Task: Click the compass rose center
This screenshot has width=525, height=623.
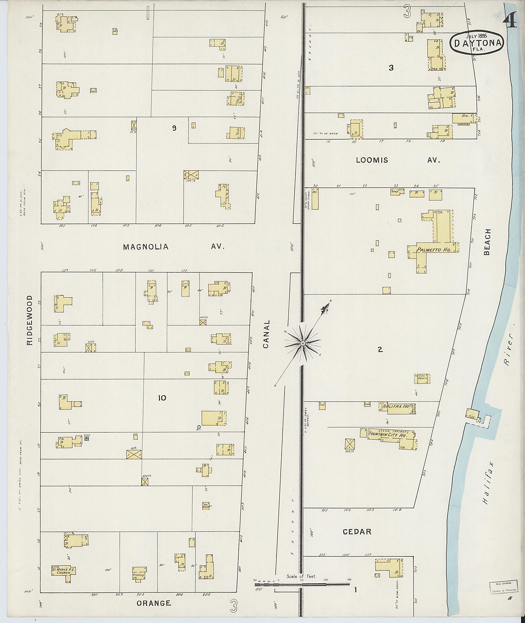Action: pyautogui.click(x=303, y=343)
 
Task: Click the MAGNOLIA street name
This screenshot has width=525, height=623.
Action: pyautogui.click(x=146, y=247)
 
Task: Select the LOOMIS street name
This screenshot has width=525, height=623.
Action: pyautogui.click(x=372, y=160)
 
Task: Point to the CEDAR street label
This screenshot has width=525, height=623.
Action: pyautogui.click(x=357, y=532)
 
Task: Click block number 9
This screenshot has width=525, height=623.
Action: pyautogui.click(x=174, y=128)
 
